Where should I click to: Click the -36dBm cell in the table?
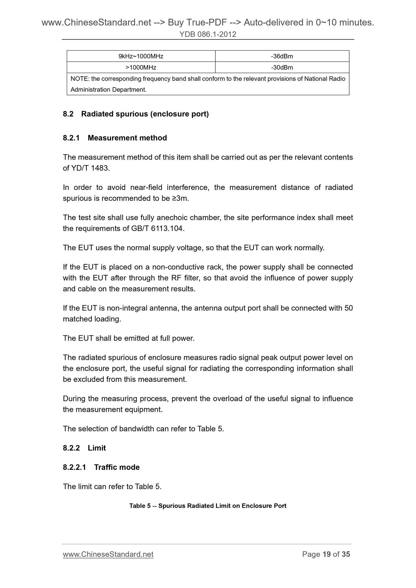click(x=282, y=56)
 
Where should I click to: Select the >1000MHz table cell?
click(x=141, y=68)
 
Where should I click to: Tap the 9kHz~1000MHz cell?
click(x=141, y=56)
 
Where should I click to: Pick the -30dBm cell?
click(x=282, y=68)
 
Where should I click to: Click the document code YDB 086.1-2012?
click(x=208, y=35)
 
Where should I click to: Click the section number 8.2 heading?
click(x=68, y=114)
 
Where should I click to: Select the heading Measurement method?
click(x=127, y=138)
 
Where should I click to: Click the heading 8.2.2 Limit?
click(x=84, y=448)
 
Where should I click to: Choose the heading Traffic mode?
click(x=117, y=467)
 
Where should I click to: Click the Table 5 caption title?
click(x=208, y=506)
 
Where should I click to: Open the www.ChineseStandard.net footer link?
click(x=108, y=555)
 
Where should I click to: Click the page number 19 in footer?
click(x=327, y=555)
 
